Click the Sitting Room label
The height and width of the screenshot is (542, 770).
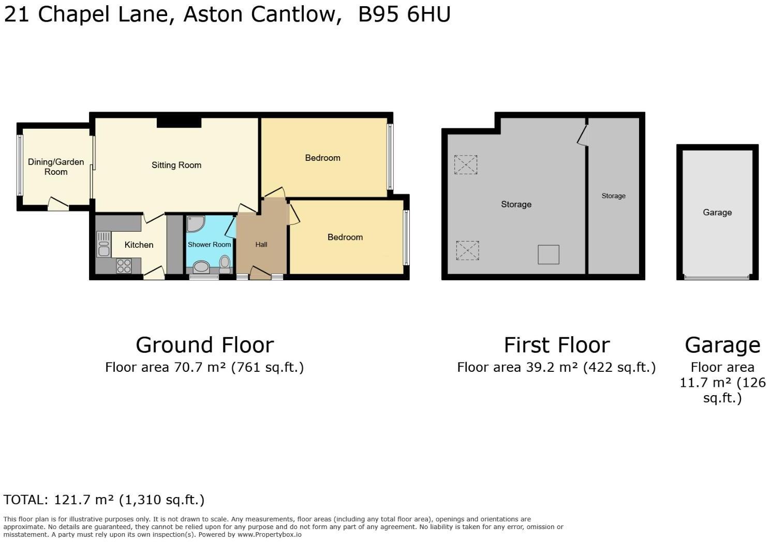(x=176, y=165)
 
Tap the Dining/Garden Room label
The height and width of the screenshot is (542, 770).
(x=55, y=167)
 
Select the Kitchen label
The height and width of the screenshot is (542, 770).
(x=139, y=245)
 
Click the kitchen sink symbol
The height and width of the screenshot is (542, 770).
(x=103, y=245)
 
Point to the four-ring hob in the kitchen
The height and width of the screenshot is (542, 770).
(x=124, y=266)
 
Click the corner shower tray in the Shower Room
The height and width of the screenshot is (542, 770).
(x=195, y=223)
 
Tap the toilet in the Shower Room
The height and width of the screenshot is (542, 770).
(x=225, y=263)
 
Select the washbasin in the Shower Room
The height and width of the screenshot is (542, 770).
(x=201, y=267)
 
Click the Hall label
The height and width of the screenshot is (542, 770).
(x=261, y=245)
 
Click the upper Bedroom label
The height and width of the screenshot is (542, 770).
(x=322, y=158)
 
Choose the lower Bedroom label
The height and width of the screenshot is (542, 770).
(x=345, y=237)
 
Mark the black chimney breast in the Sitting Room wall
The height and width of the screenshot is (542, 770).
(x=179, y=123)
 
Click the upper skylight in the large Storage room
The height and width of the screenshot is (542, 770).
(x=465, y=164)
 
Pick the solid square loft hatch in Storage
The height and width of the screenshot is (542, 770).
(x=548, y=254)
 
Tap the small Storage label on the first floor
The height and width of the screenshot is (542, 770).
(x=613, y=196)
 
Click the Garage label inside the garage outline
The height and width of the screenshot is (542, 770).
(x=717, y=212)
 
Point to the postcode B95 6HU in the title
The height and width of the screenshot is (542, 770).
(x=404, y=14)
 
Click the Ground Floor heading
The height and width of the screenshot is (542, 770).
(x=204, y=345)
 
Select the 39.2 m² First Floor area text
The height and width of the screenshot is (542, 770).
(x=556, y=367)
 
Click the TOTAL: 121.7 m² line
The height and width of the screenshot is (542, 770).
(x=103, y=500)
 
